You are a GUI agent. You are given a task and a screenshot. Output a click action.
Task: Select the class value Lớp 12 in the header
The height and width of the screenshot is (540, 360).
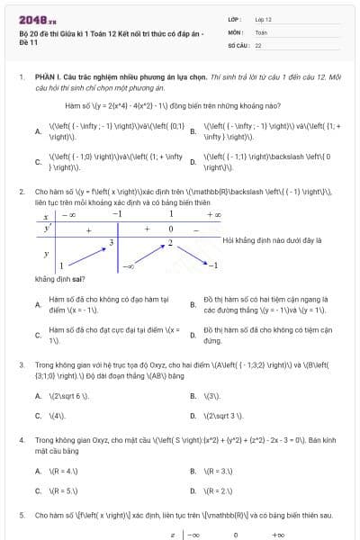[x=263, y=19]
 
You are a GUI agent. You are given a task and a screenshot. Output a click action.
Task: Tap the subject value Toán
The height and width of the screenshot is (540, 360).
[x=261, y=31]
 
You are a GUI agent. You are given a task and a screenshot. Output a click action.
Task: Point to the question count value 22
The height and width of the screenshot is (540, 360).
[x=258, y=44]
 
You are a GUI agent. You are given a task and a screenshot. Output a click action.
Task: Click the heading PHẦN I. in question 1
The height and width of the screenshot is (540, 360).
[x=50, y=78]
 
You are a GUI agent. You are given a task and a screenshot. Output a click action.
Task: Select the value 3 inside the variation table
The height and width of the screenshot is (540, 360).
[x=112, y=243]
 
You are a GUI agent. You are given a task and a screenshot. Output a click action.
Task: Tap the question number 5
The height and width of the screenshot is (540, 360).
[x=22, y=516]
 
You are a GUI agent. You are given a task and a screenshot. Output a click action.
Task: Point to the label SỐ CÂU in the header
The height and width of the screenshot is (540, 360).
[x=238, y=44]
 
